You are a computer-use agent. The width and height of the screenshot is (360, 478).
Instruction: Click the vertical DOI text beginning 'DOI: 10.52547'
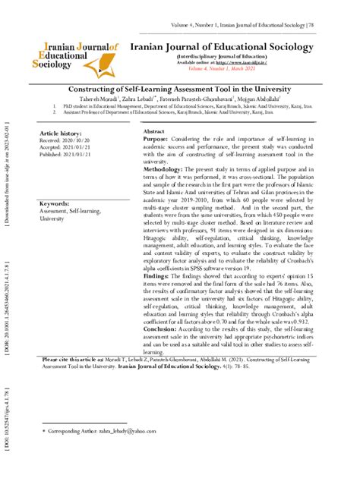(x=6, y=432)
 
